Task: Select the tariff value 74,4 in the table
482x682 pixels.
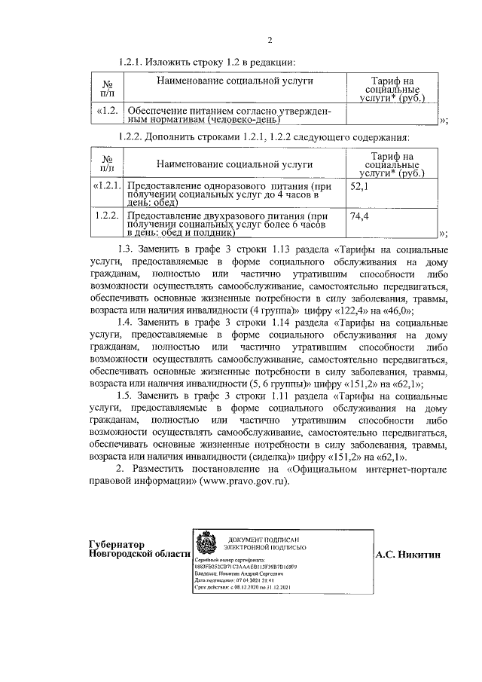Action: (359, 216)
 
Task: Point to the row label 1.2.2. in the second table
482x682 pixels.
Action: (108, 216)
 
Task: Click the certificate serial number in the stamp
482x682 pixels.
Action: (246, 567)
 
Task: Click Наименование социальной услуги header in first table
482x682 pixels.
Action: (234, 81)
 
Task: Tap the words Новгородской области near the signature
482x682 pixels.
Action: (139, 554)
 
